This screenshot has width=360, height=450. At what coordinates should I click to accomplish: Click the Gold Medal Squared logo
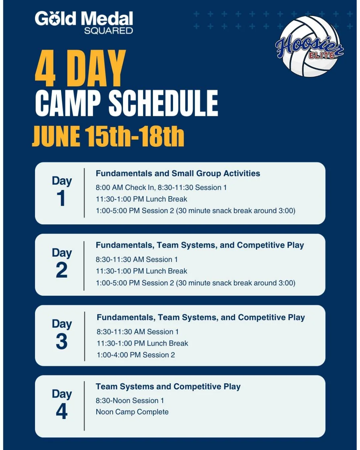click(x=84, y=23)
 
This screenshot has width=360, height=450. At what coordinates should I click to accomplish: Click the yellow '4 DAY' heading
click(x=80, y=68)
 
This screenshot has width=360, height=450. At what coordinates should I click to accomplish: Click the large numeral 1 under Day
click(x=61, y=198)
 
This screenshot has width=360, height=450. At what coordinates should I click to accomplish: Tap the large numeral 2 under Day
click(x=62, y=270)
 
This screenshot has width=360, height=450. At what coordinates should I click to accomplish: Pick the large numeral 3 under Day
click(x=62, y=341)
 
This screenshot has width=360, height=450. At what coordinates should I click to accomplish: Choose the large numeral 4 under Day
click(x=62, y=411)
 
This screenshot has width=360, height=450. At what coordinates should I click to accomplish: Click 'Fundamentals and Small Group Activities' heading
click(x=178, y=173)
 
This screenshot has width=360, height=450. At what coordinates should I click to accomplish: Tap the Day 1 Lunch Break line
click(x=141, y=199)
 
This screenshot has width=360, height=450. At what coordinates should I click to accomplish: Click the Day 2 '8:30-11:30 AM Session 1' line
click(x=137, y=259)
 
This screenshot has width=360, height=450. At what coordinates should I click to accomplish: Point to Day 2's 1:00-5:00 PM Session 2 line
click(x=195, y=283)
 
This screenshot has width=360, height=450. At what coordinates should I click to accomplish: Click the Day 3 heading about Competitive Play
click(x=201, y=317)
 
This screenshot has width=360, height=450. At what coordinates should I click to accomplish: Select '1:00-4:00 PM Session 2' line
click(x=136, y=355)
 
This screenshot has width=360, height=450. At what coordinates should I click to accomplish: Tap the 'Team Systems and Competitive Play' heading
click(x=168, y=386)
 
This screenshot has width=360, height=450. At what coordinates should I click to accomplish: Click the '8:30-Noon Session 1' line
click(x=130, y=400)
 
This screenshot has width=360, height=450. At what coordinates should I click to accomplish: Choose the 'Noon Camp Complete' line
click(x=132, y=412)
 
